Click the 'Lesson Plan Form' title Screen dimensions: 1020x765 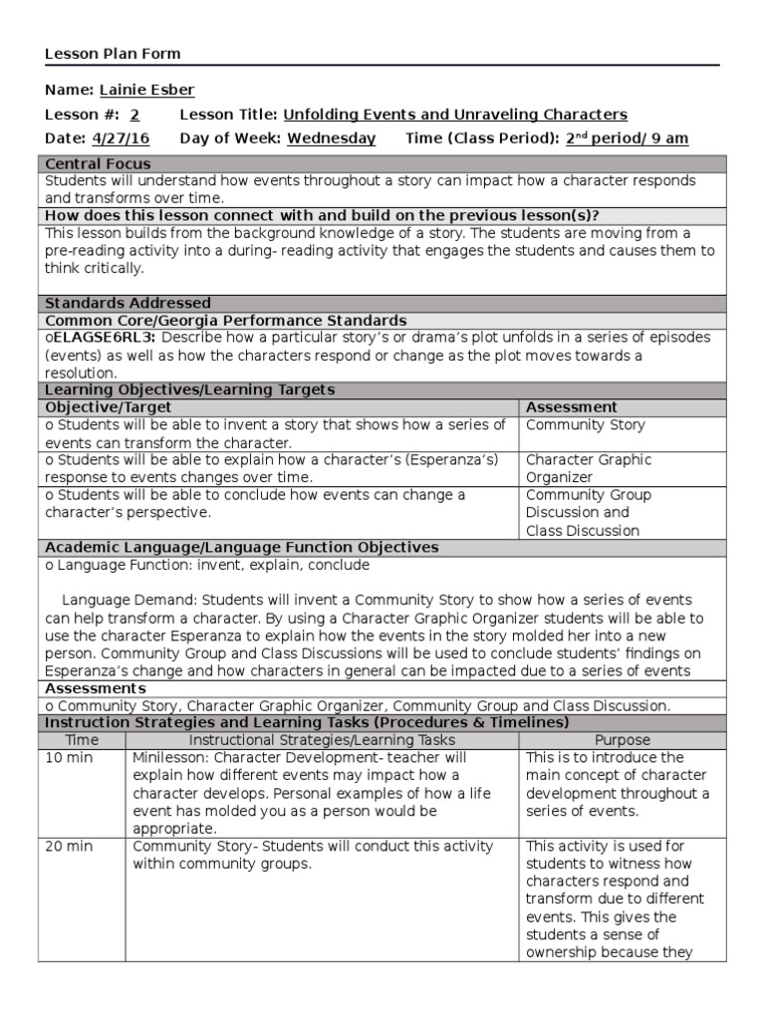[x=113, y=54]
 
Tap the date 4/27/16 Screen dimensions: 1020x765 [x=116, y=138]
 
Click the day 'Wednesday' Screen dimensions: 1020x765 [x=331, y=138]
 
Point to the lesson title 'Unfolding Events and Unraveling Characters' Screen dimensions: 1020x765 [x=455, y=115]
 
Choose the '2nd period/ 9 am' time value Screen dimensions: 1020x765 [x=627, y=138]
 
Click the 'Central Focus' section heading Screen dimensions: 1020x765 [x=99, y=163]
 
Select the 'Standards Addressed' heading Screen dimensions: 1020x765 [x=127, y=303]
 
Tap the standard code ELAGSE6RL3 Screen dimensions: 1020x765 [x=99, y=338]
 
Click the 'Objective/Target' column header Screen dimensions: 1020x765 [x=109, y=407]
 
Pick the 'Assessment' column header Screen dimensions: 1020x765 [x=571, y=407]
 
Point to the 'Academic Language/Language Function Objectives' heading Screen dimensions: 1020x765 [x=242, y=548]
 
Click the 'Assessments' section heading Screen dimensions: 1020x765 [x=96, y=688]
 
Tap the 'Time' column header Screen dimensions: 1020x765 [x=82, y=740]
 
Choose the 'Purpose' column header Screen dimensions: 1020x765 [x=622, y=740]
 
